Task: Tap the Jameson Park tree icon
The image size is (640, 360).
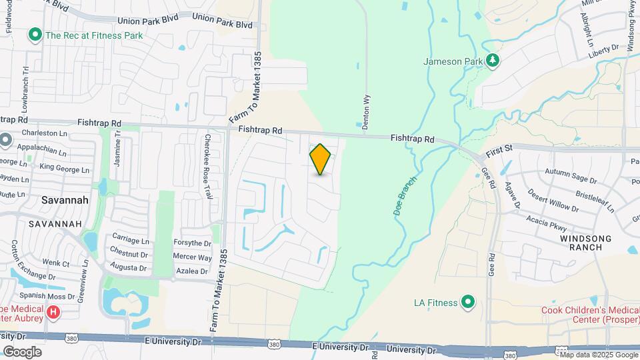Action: coord(493,61)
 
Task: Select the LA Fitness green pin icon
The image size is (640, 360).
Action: coord(468,303)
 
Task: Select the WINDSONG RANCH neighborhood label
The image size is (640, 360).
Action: coord(581,243)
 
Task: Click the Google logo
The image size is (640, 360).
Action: coord(22,351)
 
